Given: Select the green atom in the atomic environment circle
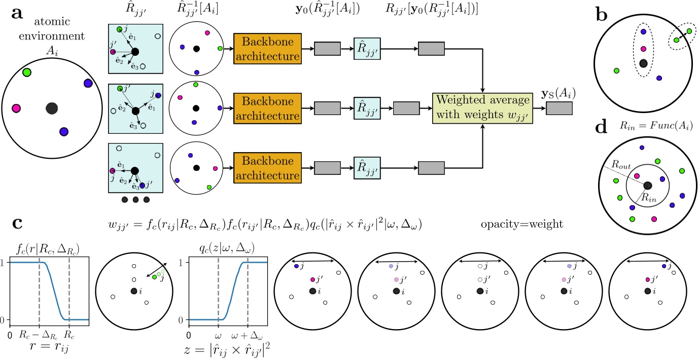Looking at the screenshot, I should [27, 73].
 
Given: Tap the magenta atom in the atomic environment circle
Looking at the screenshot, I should [16, 108].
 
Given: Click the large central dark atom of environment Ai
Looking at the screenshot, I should [51, 108].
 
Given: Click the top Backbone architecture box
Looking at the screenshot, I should [267, 49].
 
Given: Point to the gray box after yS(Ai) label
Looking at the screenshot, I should [559, 109].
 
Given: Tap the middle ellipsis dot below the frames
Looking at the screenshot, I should [135, 200].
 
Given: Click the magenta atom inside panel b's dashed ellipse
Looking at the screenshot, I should [643, 50].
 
